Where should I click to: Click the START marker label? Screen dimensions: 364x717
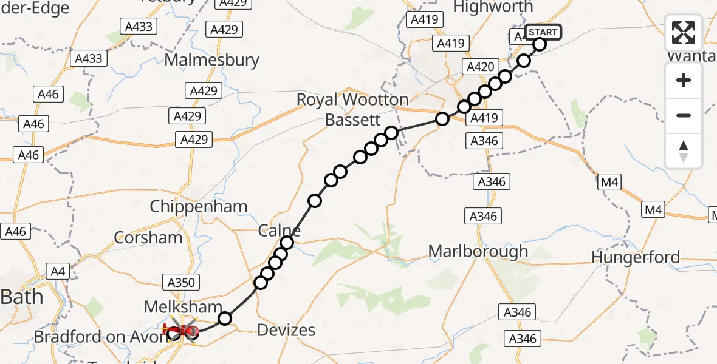pyautogui.click(x=543, y=32)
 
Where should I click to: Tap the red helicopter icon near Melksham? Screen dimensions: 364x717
pyautogui.click(x=182, y=331)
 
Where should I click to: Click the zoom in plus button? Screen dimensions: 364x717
pyautogui.click(x=684, y=80)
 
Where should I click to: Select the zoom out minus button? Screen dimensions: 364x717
pyautogui.click(x=684, y=115)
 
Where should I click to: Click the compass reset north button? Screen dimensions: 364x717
pyautogui.click(x=684, y=150)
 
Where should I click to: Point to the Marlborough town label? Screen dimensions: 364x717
pyautogui.click(x=478, y=251)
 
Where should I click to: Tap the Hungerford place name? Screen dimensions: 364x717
pyautogui.click(x=636, y=257)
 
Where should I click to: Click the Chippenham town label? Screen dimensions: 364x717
pyautogui.click(x=198, y=206)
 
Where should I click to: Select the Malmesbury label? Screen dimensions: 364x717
pyautogui.click(x=211, y=60)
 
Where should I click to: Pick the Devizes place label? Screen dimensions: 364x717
pyautogui.click(x=286, y=330)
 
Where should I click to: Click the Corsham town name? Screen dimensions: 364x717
pyautogui.click(x=148, y=237)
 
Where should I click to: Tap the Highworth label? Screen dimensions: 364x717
pyautogui.click(x=493, y=7)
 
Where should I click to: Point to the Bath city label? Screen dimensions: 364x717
pyautogui.click(x=22, y=297)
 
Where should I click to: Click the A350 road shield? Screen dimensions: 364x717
pyautogui.click(x=181, y=282)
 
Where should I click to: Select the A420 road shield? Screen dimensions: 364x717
pyautogui.click(x=480, y=67)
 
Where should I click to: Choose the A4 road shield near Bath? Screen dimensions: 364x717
pyautogui.click(x=58, y=271)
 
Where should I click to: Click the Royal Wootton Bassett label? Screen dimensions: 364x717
pyautogui.click(x=352, y=109)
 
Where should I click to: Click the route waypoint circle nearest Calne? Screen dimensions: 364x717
pyautogui.click(x=286, y=243)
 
